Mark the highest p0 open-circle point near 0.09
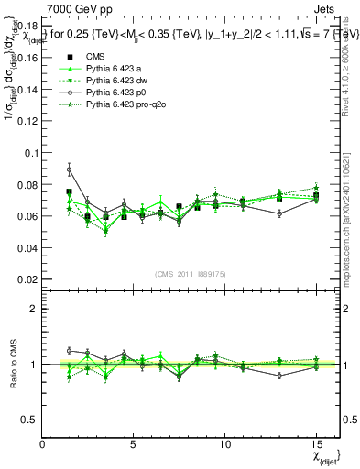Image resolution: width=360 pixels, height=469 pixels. (69, 169)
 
